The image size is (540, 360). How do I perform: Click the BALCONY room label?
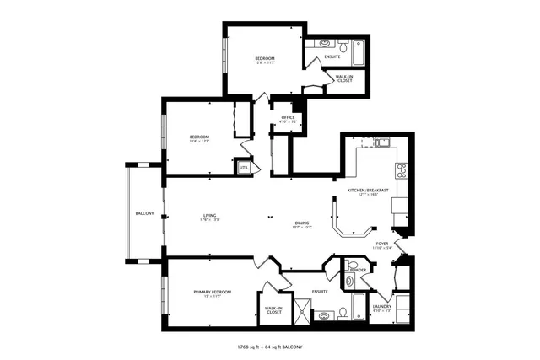144,213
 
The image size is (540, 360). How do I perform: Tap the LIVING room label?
209,217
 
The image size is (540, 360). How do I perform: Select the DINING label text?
301,223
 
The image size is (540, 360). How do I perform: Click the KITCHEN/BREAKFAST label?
368,191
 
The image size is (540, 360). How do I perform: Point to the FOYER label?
382,244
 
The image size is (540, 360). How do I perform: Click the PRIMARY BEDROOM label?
213,292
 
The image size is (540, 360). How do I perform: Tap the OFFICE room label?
288,117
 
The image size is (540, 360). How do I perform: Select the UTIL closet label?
244,168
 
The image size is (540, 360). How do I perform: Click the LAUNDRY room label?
382,306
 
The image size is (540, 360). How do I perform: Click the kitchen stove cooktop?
402,172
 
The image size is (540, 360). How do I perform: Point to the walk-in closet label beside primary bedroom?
273,310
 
